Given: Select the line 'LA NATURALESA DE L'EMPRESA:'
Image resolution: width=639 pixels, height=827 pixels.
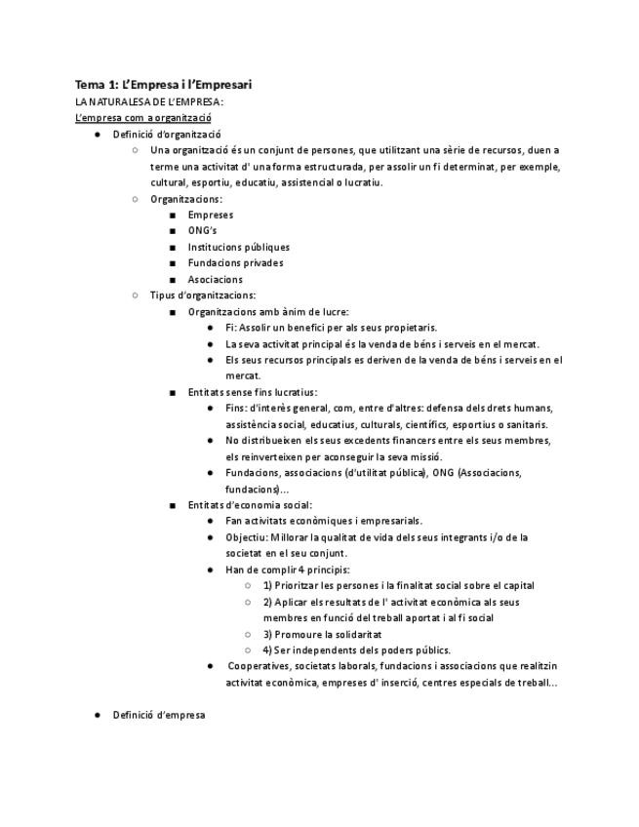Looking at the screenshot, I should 149,101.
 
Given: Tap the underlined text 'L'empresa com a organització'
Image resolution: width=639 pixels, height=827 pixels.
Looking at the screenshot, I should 144,118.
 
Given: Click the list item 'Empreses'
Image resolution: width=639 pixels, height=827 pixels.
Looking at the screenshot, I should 210,215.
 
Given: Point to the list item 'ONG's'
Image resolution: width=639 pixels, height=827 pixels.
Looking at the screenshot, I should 202,231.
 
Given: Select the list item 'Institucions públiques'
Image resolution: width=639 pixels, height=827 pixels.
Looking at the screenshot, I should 238,247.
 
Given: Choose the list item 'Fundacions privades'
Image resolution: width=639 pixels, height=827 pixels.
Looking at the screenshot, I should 235,263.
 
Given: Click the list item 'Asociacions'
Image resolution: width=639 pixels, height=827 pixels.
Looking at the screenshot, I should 215,280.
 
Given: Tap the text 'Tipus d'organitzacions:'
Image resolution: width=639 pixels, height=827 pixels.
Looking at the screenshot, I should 203,295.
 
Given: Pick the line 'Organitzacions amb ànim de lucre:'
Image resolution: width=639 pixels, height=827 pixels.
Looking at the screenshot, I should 260,312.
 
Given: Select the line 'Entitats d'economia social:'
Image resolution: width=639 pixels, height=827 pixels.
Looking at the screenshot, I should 250,505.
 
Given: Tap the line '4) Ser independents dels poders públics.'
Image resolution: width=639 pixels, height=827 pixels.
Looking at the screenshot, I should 356,650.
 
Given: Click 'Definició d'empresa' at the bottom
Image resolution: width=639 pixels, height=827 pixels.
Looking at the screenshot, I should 158,715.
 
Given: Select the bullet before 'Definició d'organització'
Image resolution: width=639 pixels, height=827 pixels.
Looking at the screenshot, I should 98,135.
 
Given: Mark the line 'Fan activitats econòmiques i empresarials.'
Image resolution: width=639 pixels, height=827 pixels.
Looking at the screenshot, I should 324,521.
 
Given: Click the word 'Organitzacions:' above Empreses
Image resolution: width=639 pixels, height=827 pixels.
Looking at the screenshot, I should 185,199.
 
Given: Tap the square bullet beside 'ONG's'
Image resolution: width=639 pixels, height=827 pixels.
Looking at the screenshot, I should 172,231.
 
